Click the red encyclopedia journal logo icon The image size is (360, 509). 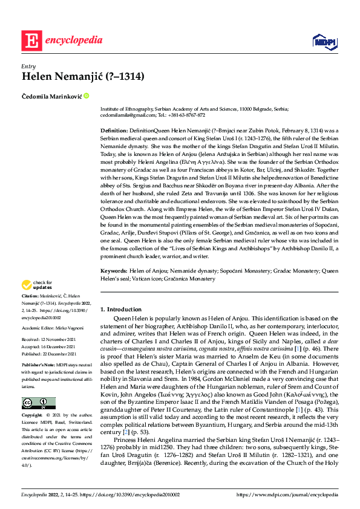(x=31, y=41)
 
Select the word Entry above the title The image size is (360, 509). (x=28, y=66)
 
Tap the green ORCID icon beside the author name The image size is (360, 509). (x=87, y=96)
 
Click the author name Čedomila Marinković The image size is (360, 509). (x=52, y=96)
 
